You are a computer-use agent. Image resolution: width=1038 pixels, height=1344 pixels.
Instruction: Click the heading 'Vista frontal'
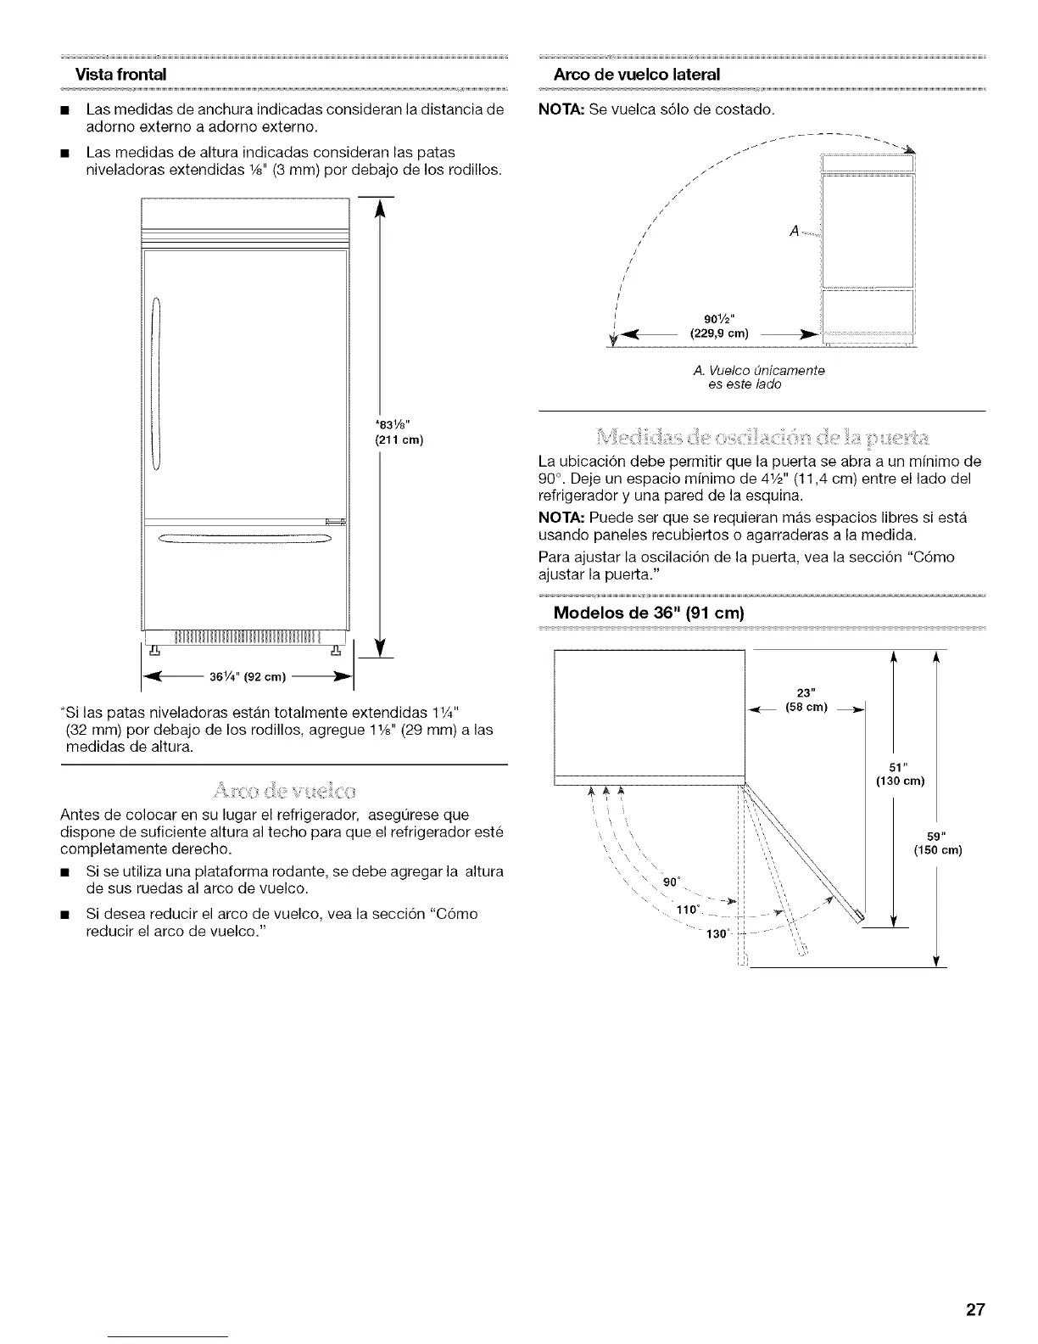click(x=118, y=74)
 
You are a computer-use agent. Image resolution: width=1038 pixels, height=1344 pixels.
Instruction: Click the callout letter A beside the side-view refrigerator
click(x=793, y=230)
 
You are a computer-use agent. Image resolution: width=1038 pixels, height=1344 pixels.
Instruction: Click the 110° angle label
click(x=687, y=909)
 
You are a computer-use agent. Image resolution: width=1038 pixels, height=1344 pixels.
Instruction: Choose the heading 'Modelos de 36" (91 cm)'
click(x=648, y=613)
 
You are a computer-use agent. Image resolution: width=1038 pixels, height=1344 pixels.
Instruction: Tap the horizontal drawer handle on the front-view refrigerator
click(x=244, y=535)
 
